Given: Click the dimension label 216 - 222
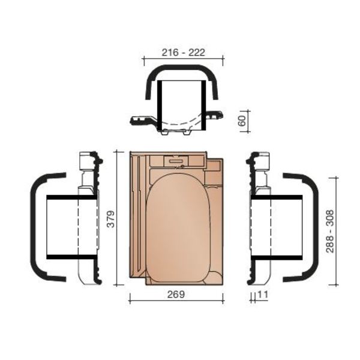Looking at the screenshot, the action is click(183, 53).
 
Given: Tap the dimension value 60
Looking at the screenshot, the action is click(242, 121).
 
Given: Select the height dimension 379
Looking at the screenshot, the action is click(111, 219).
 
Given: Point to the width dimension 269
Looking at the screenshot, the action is click(176, 295).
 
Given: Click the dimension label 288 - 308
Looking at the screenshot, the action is click(330, 231).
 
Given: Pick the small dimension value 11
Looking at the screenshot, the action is click(263, 295).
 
